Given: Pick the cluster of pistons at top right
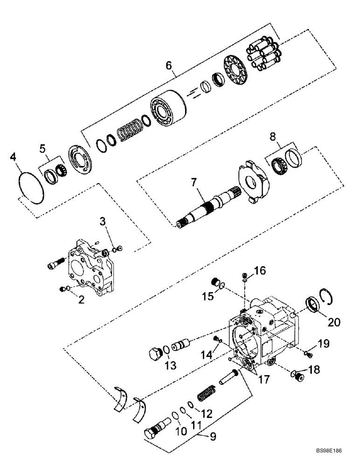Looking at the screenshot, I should [263, 54].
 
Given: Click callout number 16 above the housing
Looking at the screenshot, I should [259, 271].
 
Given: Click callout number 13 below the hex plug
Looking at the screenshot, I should [171, 365].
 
